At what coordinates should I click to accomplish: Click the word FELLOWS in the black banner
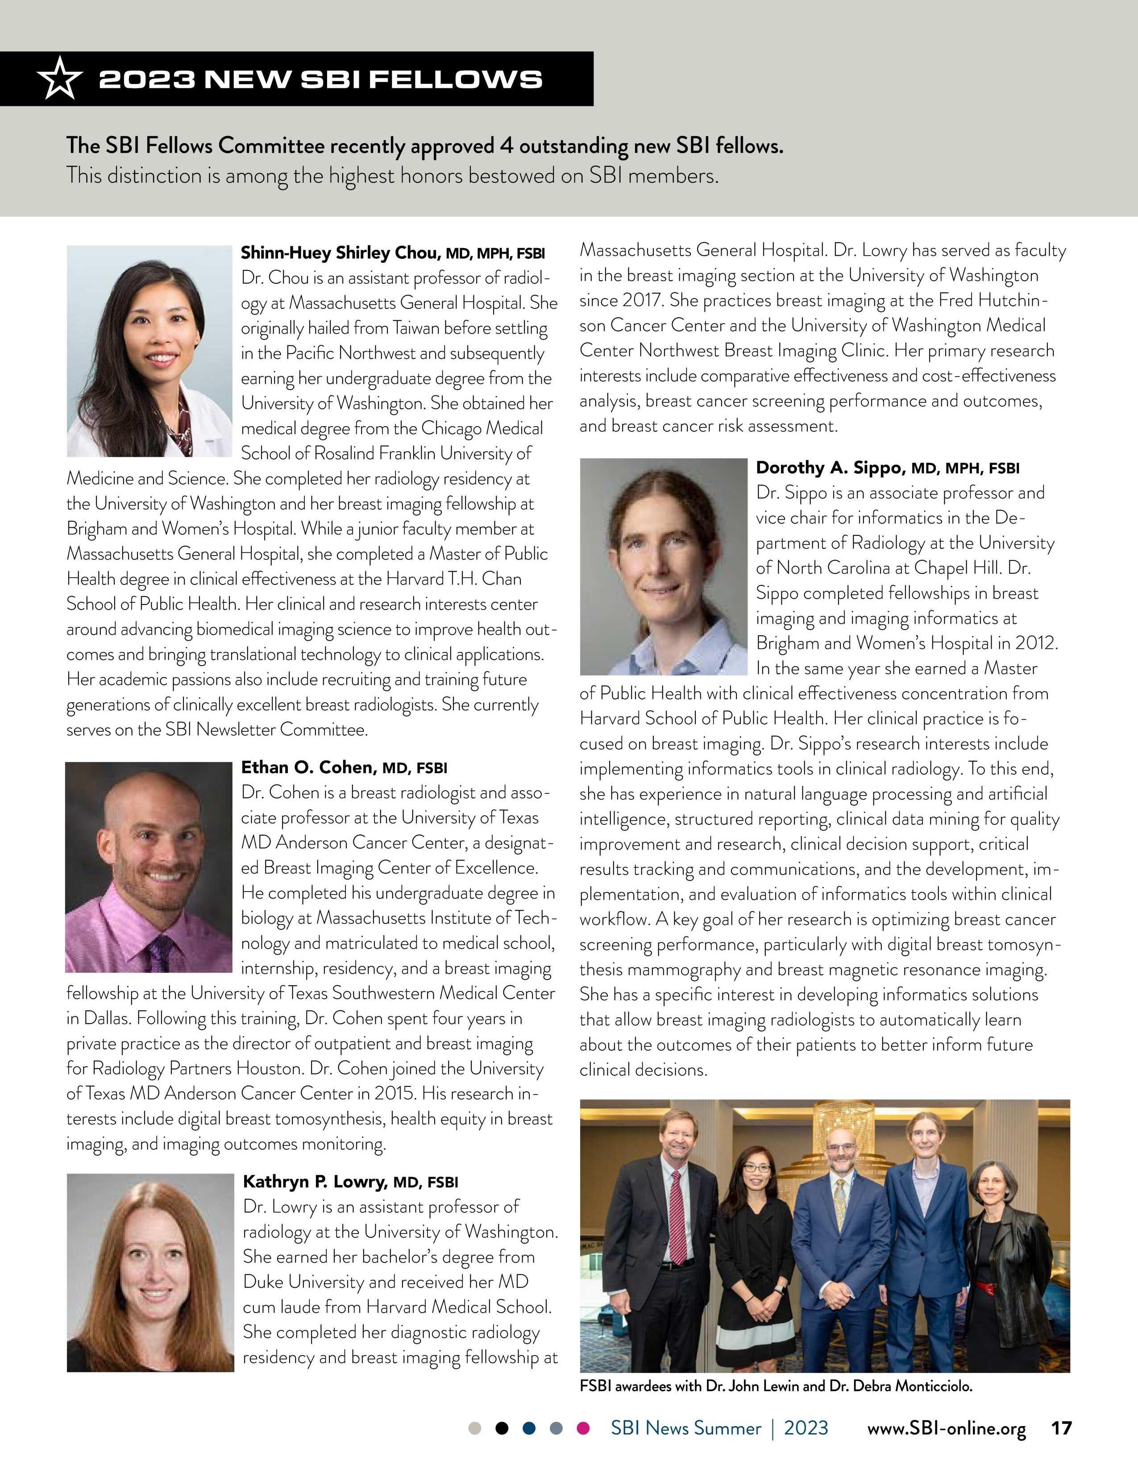457,79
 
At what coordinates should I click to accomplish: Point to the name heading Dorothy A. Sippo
831,468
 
